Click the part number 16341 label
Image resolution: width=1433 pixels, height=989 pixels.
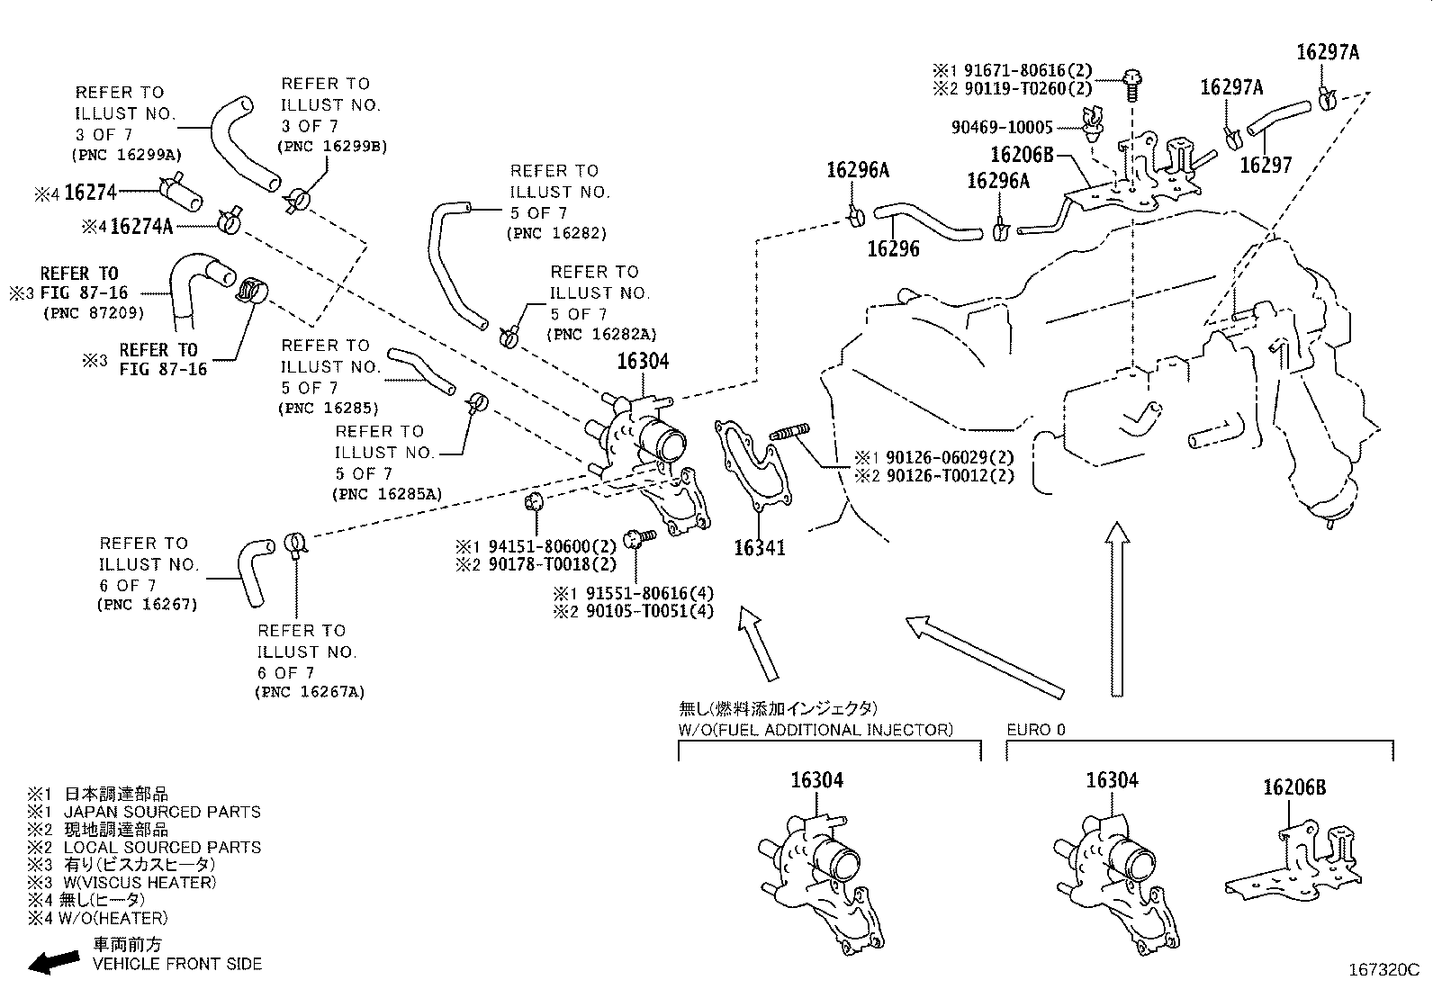click(759, 546)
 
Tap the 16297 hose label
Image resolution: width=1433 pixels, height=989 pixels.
click(1265, 164)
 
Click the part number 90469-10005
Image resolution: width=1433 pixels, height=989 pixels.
click(1001, 127)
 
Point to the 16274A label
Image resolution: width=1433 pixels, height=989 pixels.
click(140, 226)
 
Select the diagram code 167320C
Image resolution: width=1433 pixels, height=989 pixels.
click(1382, 970)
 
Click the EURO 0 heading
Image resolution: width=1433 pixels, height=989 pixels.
click(1035, 729)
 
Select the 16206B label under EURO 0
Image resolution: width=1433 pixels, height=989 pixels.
click(1293, 787)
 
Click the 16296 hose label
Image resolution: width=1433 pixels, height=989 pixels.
click(893, 248)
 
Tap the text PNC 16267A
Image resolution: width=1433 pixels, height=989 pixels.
click(311, 692)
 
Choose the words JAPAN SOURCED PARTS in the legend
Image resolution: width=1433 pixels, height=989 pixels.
click(162, 812)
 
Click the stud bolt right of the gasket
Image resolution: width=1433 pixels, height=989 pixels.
click(791, 433)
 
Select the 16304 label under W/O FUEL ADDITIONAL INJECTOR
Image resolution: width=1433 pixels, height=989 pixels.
click(817, 779)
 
